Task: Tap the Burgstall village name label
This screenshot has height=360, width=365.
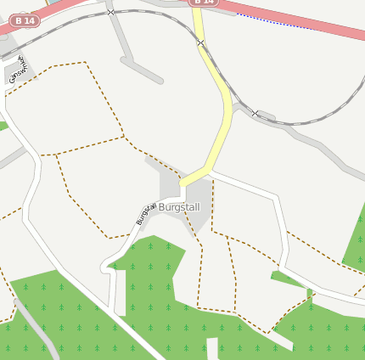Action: click(179, 206)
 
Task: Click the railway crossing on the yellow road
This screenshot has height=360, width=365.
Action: click(200, 42)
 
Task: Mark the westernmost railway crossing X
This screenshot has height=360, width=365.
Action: click(111, 13)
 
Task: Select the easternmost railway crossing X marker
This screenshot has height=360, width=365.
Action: click(255, 113)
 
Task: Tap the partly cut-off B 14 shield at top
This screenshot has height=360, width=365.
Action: click(204, 3)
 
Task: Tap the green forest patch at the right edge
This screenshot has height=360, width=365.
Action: click(355, 246)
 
